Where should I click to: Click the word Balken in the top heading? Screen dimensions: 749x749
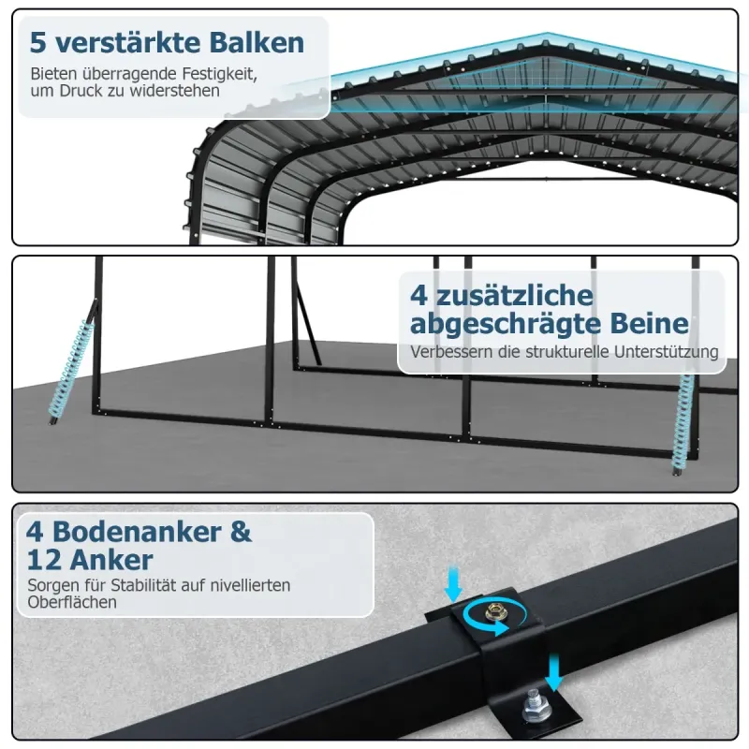[257, 42]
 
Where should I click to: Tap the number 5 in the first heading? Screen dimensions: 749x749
[38, 43]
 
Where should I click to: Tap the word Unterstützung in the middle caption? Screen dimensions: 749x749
[667, 352]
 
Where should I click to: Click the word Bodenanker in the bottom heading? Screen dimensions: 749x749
[137, 531]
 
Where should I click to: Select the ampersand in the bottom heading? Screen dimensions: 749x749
[241, 532]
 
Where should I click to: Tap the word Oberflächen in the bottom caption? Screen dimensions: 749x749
[72, 602]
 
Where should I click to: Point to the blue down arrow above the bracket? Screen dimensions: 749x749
[453, 583]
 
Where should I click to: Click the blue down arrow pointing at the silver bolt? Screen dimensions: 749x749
[554, 672]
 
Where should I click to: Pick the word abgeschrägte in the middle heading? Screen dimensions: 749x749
[506, 324]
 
